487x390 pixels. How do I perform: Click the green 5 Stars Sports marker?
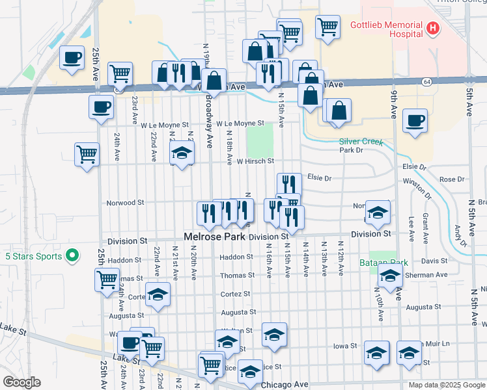click(x=73, y=256)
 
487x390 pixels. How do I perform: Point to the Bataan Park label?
click(x=383, y=263)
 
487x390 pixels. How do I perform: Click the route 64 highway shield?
click(x=426, y=82)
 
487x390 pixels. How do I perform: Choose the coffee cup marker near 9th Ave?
click(x=415, y=121)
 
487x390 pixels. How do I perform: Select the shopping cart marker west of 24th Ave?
click(x=86, y=155)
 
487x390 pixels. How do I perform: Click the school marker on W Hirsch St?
click(x=182, y=154)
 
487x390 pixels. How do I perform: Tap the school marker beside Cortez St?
click(x=157, y=294)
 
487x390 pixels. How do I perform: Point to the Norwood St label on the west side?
click(x=125, y=203)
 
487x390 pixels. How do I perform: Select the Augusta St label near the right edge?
click(x=423, y=306)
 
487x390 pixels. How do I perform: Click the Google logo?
click(x=22, y=382)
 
